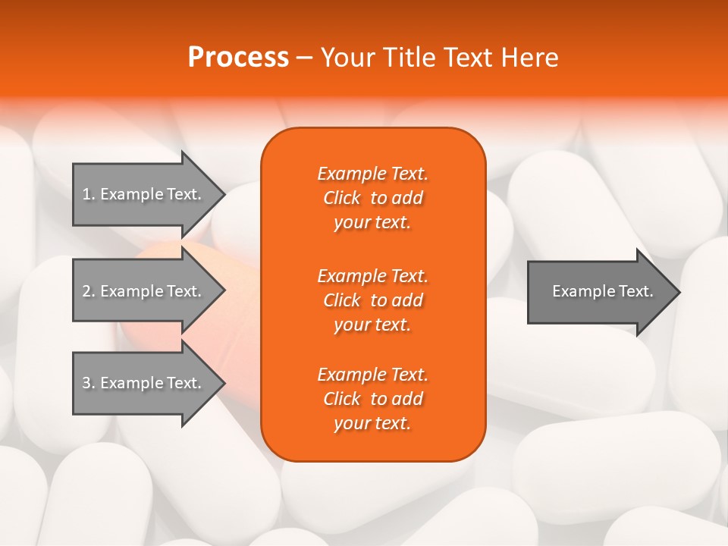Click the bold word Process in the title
[x=238, y=58]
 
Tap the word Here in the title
[x=529, y=58]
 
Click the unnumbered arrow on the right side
[x=599, y=291]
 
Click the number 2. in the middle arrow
[x=88, y=291]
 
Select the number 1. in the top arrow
[x=88, y=194]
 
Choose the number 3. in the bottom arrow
[x=88, y=383]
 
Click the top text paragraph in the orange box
[x=372, y=198]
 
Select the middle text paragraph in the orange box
[x=372, y=300]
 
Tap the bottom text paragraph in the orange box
[x=372, y=399]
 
